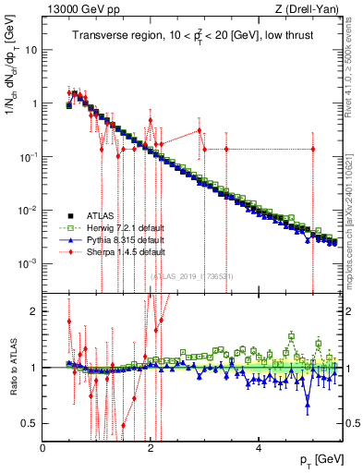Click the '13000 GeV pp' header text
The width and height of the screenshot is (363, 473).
click(x=77, y=10)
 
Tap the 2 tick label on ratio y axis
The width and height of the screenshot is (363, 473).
click(x=33, y=311)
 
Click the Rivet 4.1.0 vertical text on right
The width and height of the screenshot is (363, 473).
click(x=352, y=74)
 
